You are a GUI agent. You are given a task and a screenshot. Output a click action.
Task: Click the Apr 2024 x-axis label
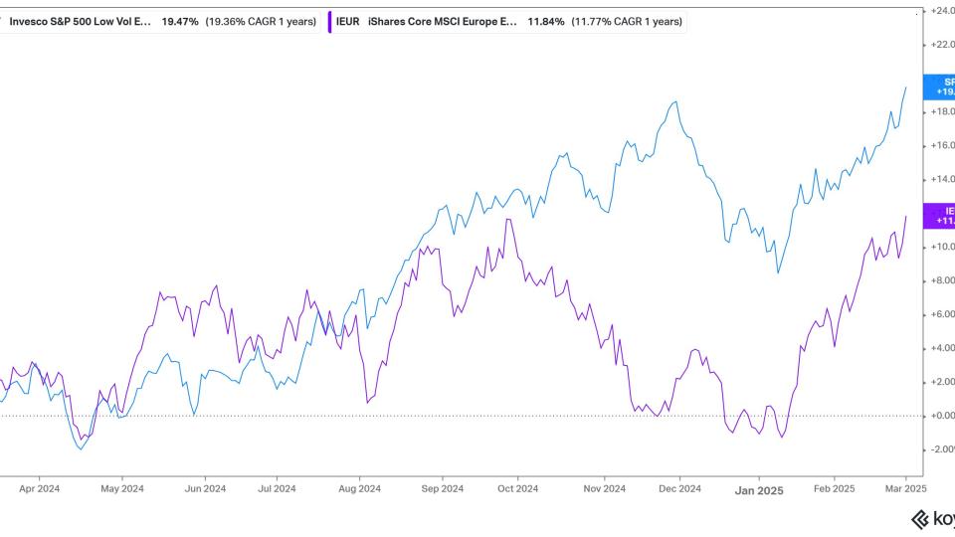click(40, 488)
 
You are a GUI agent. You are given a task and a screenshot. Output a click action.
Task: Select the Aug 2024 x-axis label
click(359, 488)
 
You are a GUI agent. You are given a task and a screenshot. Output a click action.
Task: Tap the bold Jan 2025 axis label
click(757, 489)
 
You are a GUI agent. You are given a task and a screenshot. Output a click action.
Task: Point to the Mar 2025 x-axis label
click(906, 488)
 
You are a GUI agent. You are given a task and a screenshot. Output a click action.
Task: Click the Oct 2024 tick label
click(517, 488)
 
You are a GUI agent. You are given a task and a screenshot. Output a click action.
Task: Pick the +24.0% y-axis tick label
click(940, 11)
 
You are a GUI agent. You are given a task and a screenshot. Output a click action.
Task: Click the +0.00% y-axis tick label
click(940, 416)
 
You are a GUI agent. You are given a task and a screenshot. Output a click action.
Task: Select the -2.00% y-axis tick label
click(940, 449)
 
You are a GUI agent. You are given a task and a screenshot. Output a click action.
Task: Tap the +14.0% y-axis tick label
click(940, 180)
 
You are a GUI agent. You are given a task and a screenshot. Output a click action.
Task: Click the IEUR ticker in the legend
click(349, 21)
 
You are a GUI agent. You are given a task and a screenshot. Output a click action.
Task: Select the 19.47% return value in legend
click(181, 21)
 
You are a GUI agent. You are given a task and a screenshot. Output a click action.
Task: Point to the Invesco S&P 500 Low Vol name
click(81, 21)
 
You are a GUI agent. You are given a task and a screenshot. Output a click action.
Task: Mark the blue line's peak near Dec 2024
click(676, 101)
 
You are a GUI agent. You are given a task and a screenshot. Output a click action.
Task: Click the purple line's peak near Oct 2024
click(508, 219)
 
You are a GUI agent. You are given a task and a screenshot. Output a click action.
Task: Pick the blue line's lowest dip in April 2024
click(81, 449)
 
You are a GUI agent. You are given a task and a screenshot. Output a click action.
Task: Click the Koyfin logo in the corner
click(932, 519)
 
